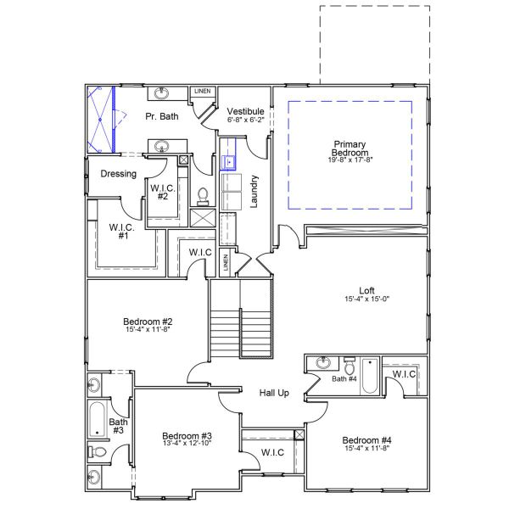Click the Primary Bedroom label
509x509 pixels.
click(349, 148)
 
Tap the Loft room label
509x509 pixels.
click(366, 289)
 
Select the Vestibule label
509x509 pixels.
click(245, 111)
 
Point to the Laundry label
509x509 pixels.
click(254, 192)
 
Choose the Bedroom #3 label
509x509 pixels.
click(186, 436)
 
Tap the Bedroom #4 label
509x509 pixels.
click(366, 440)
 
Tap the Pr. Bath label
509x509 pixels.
click(161, 116)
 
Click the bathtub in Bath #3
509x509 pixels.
click(96, 418)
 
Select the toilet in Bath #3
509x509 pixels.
click(98, 452)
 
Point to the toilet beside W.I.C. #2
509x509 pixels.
click(203, 196)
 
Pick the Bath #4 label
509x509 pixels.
click(344, 378)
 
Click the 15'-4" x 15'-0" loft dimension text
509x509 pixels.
click(366, 299)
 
